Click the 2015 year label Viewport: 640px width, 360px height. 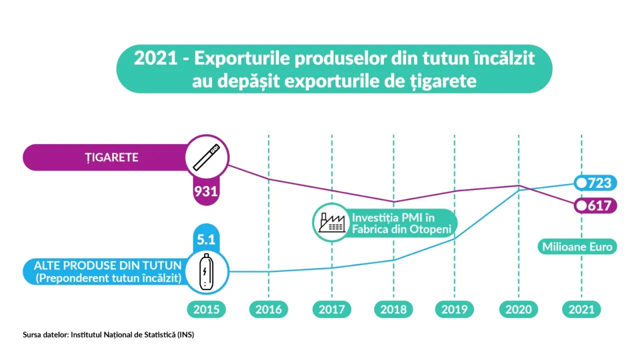click(x=206, y=309)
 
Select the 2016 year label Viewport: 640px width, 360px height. click(x=268, y=309)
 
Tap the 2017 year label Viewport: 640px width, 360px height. click(x=331, y=309)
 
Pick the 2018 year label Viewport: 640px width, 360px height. click(x=393, y=309)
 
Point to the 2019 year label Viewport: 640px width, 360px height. click(x=455, y=309)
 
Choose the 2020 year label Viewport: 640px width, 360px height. click(x=518, y=309)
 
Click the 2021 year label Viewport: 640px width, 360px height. click(x=581, y=309)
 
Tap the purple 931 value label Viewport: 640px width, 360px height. click(x=206, y=191)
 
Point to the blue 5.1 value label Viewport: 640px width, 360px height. click(x=206, y=239)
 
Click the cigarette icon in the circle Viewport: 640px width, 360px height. click(x=206, y=157)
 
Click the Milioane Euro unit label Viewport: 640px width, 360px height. click(x=577, y=247)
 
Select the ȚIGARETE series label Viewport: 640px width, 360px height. click(x=111, y=157)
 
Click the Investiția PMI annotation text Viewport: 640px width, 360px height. click(x=401, y=223)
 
